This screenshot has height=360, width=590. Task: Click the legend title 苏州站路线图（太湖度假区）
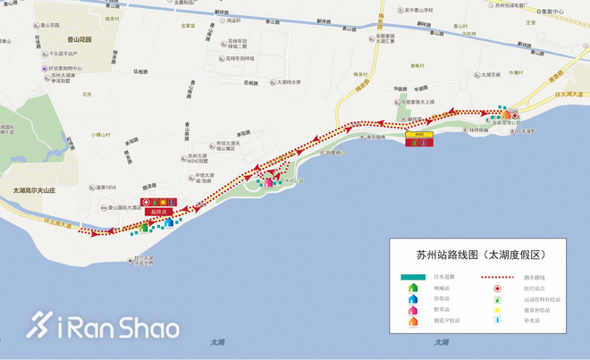(481, 255)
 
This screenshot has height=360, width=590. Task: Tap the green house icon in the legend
(414, 288)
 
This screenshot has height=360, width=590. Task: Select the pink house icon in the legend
(414, 310)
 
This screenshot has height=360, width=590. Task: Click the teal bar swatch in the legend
(414, 277)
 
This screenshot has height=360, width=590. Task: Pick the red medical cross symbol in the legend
(497, 288)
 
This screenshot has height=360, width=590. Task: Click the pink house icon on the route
(267, 182)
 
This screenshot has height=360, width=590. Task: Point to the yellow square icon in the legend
(497, 310)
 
